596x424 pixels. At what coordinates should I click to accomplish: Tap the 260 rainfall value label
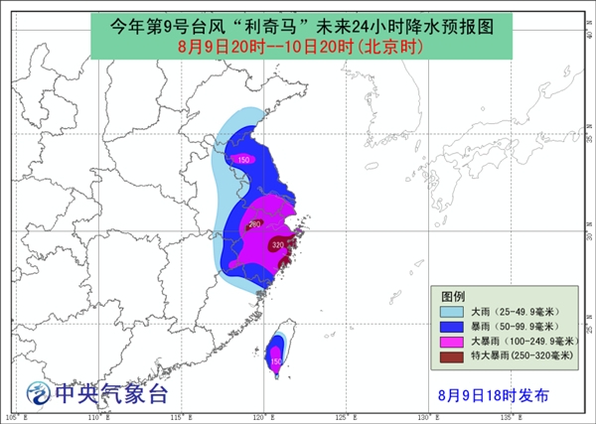coord(254,224)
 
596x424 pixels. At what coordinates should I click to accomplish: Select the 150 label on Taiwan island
coord(275,361)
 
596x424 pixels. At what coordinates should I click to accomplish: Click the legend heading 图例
coord(454,296)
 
